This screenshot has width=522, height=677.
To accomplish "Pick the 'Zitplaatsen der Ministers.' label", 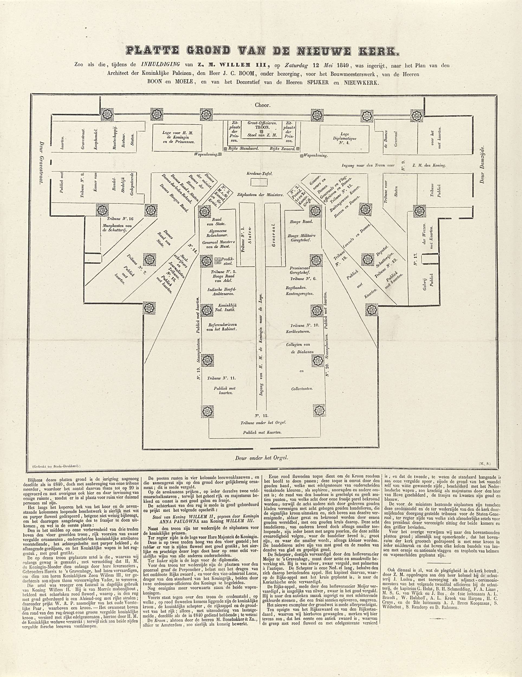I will coord(260,195).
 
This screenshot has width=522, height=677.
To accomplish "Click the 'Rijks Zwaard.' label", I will coord(282,149).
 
